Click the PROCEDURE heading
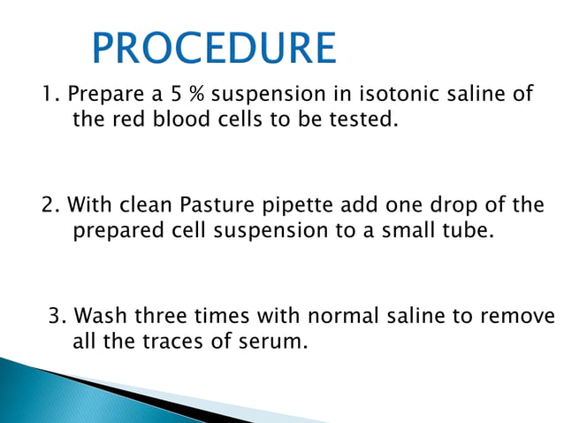(215, 49)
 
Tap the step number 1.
(50, 95)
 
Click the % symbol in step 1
(198, 95)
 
